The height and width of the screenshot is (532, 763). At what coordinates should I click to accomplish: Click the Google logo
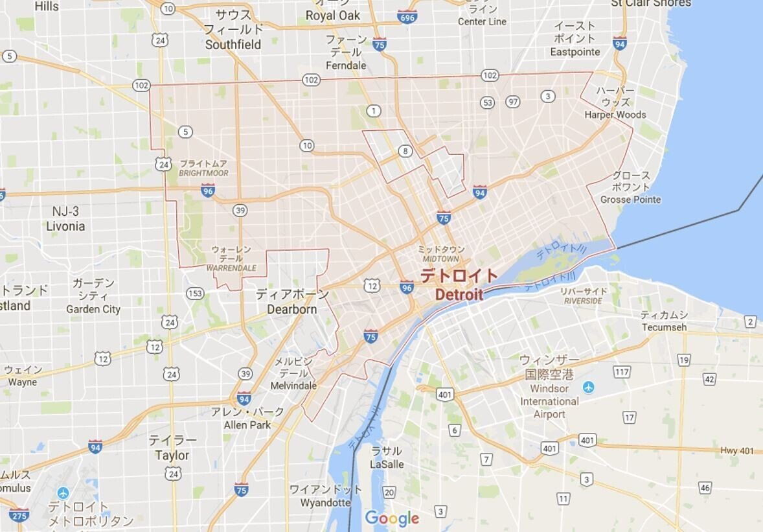coord(392,518)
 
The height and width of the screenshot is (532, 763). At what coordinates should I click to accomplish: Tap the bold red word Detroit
coord(459,295)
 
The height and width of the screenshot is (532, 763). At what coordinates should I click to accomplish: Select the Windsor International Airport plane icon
coord(588,387)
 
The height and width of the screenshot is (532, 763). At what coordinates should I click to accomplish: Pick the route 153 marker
coord(194,294)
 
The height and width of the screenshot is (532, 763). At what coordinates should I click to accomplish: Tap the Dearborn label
coord(292,309)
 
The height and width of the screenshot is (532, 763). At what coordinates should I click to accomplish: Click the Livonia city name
coord(65,226)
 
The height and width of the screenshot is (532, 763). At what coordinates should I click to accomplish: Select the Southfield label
coord(233,45)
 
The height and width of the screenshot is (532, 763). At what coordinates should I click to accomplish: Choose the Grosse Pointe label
coord(630,200)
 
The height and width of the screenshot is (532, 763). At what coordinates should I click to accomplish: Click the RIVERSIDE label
coord(583,301)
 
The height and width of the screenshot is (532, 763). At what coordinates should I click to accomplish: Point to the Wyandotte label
coord(325,502)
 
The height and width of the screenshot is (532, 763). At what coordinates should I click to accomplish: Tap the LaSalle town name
coord(387,464)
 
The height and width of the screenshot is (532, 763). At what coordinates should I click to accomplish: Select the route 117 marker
coord(622,372)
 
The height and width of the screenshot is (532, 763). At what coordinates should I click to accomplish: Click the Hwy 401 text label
coord(737,450)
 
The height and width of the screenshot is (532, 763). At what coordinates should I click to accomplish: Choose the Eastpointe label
coord(575,52)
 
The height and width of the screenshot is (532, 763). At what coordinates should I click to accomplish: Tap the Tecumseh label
coord(664,327)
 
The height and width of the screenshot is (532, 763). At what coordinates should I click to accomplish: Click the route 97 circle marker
coord(513,102)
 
